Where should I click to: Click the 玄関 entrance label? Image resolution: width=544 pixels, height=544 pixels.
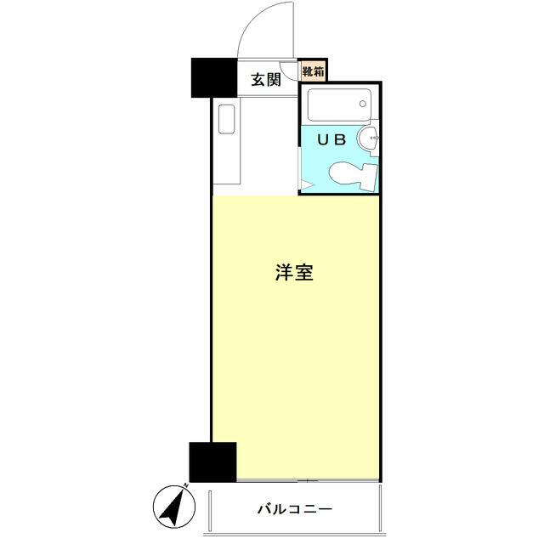click(x=266, y=81)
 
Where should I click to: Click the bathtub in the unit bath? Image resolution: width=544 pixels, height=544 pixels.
click(x=337, y=106)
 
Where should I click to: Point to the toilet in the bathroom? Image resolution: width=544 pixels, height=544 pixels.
click(x=351, y=174)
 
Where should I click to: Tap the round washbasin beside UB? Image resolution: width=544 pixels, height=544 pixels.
click(x=369, y=139)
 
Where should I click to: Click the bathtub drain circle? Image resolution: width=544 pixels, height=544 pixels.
click(x=364, y=106)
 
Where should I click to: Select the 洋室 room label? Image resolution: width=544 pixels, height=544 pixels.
click(x=295, y=274)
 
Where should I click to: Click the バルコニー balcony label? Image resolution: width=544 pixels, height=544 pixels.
click(x=294, y=509)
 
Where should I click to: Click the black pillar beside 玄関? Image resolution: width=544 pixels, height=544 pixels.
click(x=213, y=77)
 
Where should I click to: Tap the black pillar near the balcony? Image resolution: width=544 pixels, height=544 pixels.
click(x=212, y=462)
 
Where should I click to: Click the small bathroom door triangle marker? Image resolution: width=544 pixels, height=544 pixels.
click(x=303, y=184)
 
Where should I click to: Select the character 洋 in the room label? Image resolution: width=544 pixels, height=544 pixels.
click(x=285, y=274)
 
